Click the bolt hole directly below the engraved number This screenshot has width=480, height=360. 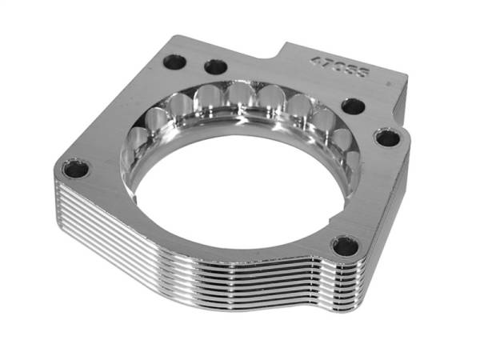[353, 106]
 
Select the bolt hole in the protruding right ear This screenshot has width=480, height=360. [387, 138]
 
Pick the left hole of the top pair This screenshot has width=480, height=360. [174, 60]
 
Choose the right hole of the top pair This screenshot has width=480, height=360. [215, 66]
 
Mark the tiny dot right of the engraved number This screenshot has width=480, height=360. [388, 83]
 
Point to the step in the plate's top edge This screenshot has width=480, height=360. [279, 50]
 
